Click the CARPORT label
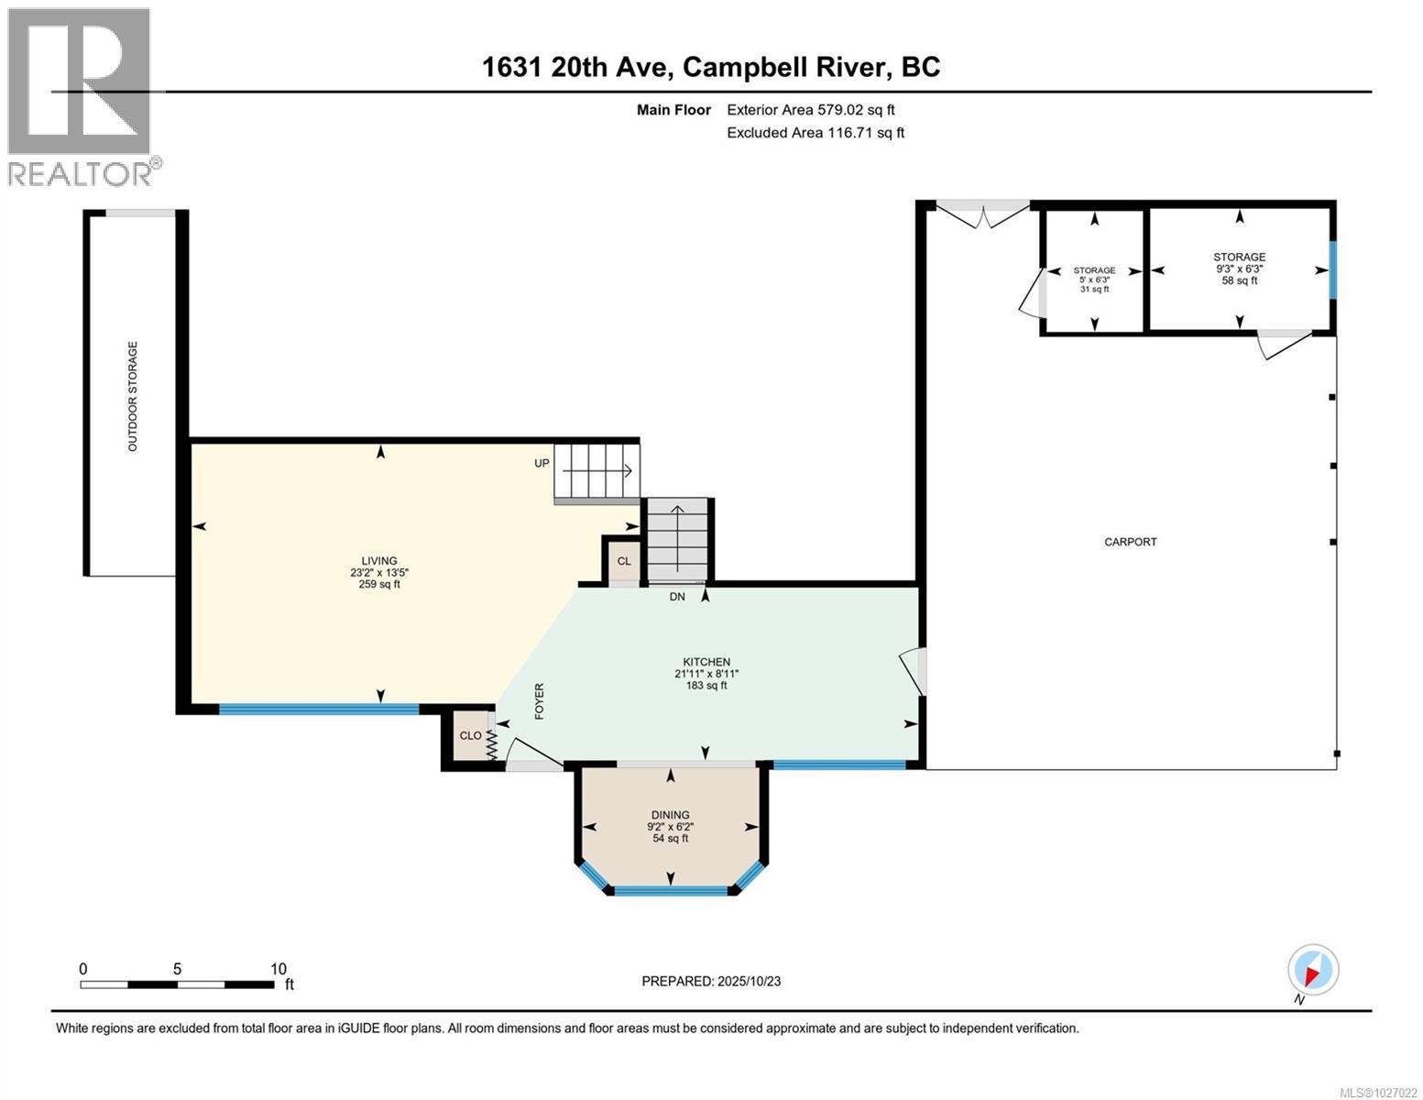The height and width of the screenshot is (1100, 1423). pyautogui.click(x=1130, y=542)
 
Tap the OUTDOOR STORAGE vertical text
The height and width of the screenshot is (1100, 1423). pyautogui.click(x=132, y=396)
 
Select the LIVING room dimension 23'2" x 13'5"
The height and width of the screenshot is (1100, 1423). pyautogui.click(x=379, y=572)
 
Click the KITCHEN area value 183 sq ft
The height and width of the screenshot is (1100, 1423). pyautogui.click(x=706, y=686)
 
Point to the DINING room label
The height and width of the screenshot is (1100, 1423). pyautogui.click(x=670, y=815)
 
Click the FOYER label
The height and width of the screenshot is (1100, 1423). pyautogui.click(x=539, y=701)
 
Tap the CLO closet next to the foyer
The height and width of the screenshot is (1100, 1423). pyautogui.click(x=470, y=736)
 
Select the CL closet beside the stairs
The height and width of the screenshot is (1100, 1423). pyautogui.click(x=623, y=562)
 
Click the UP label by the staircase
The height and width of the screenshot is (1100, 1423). pyautogui.click(x=542, y=463)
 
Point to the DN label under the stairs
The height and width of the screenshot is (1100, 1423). pyautogui.click(x=677, y=597)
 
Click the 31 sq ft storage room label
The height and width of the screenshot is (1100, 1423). pyautogui.click(x=1094, y=289)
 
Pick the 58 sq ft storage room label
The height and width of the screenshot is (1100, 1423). pyautogui.click(x=1240, y=280)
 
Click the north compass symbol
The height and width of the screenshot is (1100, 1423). pyautogui.click(x=1313, y=970)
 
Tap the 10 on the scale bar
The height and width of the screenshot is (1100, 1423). pyautogui.click(x=279, y=969)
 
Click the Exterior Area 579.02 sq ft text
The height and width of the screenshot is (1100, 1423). pyautogui.click(x=811, y=110)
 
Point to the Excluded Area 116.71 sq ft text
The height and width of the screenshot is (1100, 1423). pyautogui.click(x=815, y=132)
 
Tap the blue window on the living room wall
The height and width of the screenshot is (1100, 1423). pyautogui.click(x=318, y=709)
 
